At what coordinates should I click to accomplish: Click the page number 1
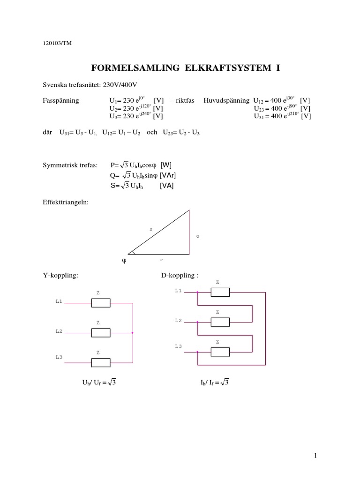pos(316,455)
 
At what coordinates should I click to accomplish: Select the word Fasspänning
pos(61,101)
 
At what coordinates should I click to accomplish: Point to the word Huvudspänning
pos(227,101)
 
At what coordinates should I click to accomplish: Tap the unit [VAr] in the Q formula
pos(168,175)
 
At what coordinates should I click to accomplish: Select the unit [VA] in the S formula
pos(166,185)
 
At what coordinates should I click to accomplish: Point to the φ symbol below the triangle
pos(125,260)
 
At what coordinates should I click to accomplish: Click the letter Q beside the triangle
pos(198,237)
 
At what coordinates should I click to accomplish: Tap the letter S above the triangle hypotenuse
pos(151,229)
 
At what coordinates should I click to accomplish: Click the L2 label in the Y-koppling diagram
pos(59,331)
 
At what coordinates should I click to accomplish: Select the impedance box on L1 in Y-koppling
pos(101,303)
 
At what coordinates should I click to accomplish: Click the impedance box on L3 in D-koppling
pos(220,352)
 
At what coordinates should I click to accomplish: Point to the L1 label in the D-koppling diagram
pos(178,291)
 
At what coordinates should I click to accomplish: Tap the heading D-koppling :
pos(180,275)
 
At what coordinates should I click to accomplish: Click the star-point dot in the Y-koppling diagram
pos(133,333)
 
